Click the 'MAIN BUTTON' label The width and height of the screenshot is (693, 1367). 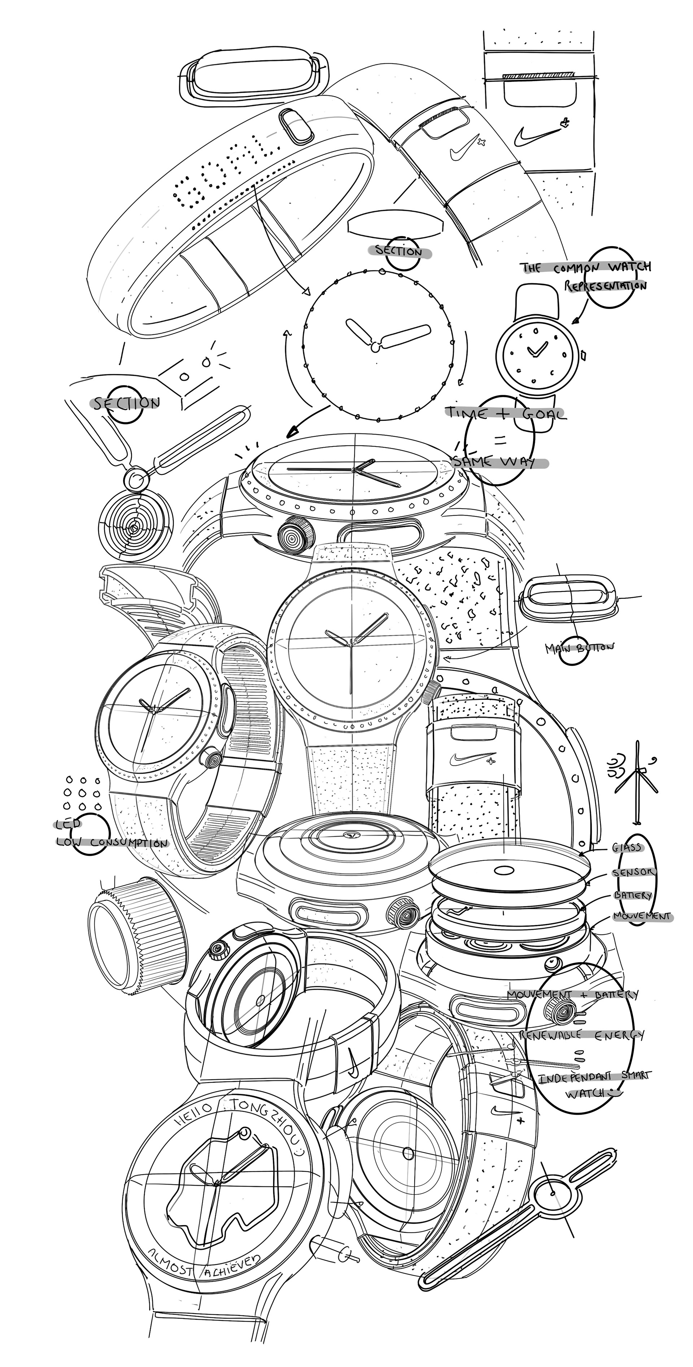[x=579, y=648]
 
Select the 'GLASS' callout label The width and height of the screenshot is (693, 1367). [x=627, y=848]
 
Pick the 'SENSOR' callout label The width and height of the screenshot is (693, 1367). [x=633, y=872]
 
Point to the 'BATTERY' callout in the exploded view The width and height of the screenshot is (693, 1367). [x=632, y=895]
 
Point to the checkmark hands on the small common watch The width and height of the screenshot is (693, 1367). [x=537, y=349]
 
